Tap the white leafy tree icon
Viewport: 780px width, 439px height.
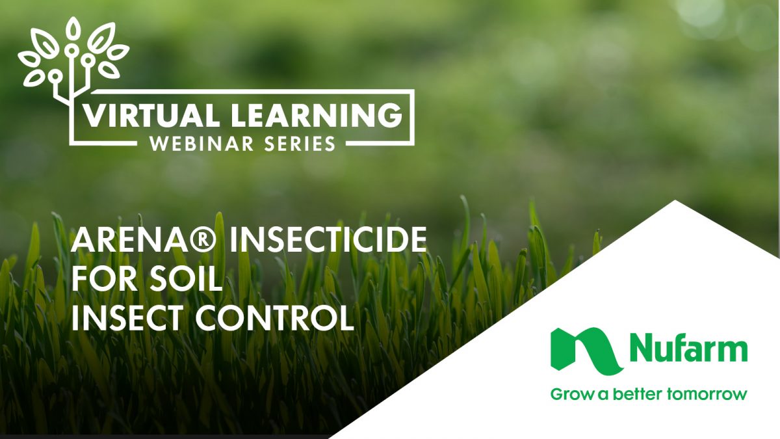(72, 59)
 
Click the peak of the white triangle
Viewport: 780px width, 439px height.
(676, 202)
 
